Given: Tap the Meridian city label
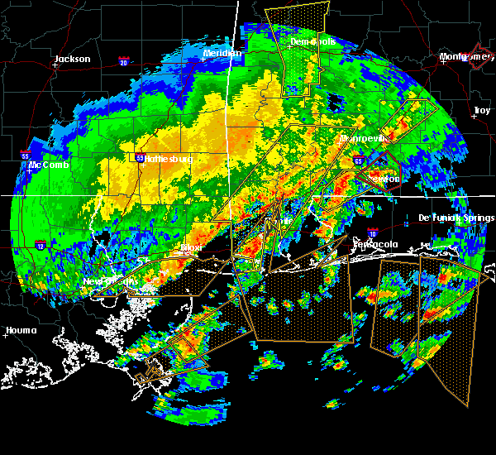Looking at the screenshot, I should click(x=222, y=54).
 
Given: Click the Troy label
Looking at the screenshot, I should click(x=481, y=110).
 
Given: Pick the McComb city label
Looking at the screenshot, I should click(x=48, y=165).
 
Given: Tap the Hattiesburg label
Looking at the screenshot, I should click(x=169, y=158).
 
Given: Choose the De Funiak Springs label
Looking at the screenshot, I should click(x=456, y=218).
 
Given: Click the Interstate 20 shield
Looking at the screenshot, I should click(x=124, y=62).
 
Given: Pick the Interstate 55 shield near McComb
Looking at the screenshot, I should click(x=26, y=155).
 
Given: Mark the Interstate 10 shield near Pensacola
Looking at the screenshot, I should click(x=372, y=233).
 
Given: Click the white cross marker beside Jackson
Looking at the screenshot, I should click(x=55, y=65).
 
